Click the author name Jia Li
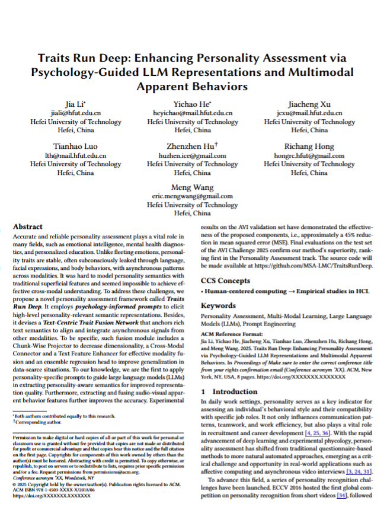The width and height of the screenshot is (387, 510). pos(75,104)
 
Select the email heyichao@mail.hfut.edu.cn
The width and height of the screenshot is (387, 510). pos(193,113)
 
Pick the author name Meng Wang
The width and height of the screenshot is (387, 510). pos(193,188)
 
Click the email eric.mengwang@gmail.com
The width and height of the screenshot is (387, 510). pos(193,196)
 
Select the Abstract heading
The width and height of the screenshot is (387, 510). pos(28,227)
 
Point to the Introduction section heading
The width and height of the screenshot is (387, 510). pos(235,391)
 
